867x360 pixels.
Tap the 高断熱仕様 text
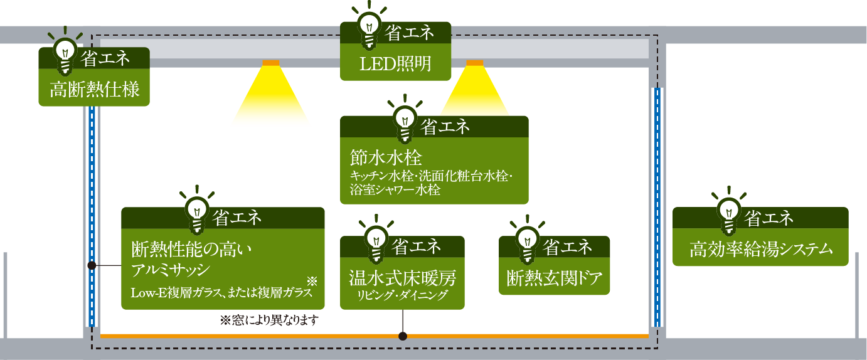[94, 90]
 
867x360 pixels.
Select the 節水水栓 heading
[385, 157]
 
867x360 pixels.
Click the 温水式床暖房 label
[402, 277]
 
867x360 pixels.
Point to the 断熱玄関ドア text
[554, 277]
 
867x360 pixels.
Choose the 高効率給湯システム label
[761, 249]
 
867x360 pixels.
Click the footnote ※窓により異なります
[269, 320]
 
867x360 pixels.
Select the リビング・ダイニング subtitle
[402, 294]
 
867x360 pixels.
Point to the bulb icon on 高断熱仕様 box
[66, 54]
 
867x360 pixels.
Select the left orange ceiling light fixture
[271, 63]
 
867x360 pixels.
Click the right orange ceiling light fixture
[475, 63]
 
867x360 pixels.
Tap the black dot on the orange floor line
[403, 336]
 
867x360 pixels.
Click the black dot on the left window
[92, 265]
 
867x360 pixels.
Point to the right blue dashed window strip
[657, 207]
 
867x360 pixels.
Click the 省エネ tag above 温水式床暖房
[416, 246]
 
